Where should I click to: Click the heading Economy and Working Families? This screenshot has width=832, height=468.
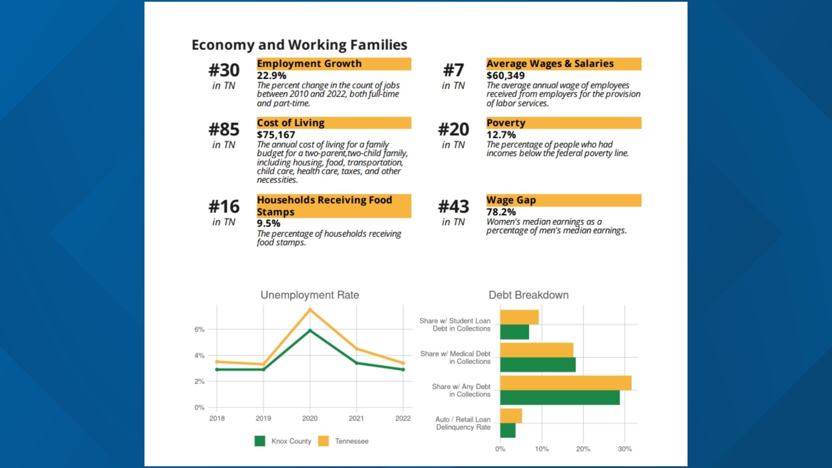click(x=299, y=45)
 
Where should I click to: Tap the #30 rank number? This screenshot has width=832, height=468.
click(x=224, y=70)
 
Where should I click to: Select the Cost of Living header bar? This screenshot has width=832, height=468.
click(x=334, y=123)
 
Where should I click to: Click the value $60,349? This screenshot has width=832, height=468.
click(x=505, y=75)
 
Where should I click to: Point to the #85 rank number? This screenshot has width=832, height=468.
click(x=224, y=130)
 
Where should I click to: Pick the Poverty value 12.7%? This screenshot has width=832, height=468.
click(x=501, y=135)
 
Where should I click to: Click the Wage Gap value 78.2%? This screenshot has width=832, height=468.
click(x=501, y=212)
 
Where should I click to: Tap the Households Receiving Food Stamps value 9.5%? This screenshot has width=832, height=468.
click(x=268, y=223)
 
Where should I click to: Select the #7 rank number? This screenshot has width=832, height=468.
click(x=453, y=70)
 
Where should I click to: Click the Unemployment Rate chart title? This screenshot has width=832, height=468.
click(x=309, y=295)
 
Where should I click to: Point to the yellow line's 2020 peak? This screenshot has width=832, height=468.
click(x=310, y=309)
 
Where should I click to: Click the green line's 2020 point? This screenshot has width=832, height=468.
click(x=310, y=331)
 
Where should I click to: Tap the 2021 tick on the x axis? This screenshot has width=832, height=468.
click(x=356, y=418)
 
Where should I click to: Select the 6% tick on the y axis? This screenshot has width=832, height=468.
click(x=199, y=330)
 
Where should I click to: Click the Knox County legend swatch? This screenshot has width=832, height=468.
click(x=260, y=441)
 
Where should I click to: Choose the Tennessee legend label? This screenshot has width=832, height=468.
click(x=351, y=441)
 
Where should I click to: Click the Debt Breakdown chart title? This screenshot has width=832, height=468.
click(x=528, y=295)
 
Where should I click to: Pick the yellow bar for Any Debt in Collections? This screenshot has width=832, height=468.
click(x=565, y=383)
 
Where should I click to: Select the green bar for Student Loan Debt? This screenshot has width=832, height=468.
click(x=514, y=332)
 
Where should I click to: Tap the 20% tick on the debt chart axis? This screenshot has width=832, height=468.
click(x=583, y=449)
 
